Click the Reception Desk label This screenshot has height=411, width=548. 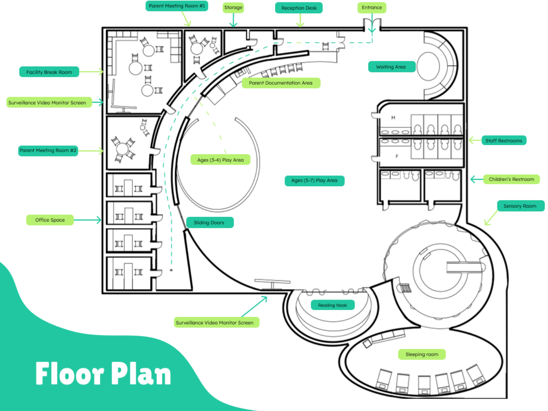click(x=299, y=8)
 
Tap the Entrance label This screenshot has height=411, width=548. click(x=372, y=8)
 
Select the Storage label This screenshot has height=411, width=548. click(x=233, y=8)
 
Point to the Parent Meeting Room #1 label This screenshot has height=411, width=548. click(x=177, y=6)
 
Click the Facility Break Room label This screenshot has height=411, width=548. click(x=49, y=72)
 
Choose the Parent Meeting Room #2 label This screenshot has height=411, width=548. click(x=48, y=151)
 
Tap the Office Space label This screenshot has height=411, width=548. click(x=50, y=220)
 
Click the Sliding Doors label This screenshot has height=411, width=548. click(x=210, y=222)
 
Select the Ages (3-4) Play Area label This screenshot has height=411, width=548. click(x=220, y=160)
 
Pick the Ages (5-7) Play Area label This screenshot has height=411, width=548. click(x=314, y=181)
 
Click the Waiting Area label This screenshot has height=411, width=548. click(x=391, y=67)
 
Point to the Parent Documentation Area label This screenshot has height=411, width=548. click(x=281, y=83)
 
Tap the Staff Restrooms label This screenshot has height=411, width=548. click(x=503, y=140)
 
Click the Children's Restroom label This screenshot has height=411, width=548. click(x=511, y=179)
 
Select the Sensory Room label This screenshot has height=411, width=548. click(x=521, y=206)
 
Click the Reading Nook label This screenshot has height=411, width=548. click(x=332, y=305)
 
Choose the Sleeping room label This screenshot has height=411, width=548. click(x=422, y=354)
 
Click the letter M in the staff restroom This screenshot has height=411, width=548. click(x=393, y=118)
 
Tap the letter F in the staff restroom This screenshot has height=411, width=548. click(x=397, y=156)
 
